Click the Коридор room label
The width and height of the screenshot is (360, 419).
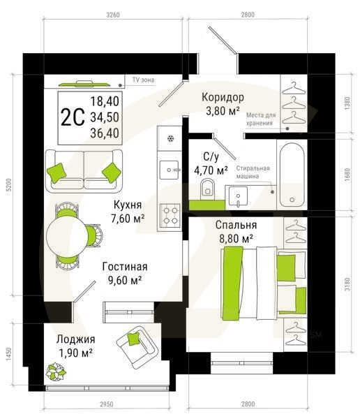(222, 97)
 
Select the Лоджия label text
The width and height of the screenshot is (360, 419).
(76, 339)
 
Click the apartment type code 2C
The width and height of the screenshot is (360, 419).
(73, 116)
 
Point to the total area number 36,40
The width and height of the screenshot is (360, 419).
(104, 131)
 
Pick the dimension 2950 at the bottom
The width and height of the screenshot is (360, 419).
(106, 404)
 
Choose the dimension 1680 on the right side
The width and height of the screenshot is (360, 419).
(347, 174)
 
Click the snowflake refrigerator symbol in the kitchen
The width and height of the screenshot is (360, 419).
(169, 138)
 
